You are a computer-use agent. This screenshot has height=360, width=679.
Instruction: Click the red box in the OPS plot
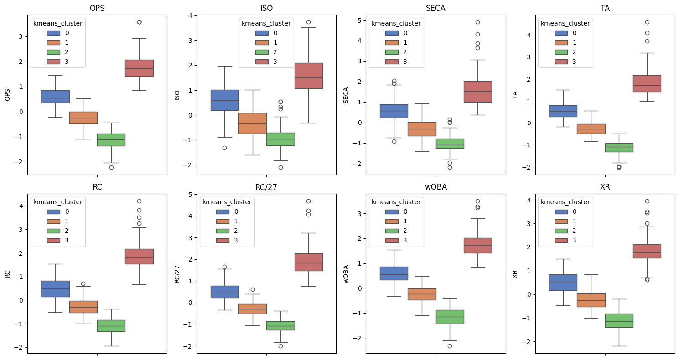tap(139, 68)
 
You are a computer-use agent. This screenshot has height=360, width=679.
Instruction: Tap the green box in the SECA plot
tap(450, 143)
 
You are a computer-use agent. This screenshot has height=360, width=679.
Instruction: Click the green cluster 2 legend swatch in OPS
tap(56, 52)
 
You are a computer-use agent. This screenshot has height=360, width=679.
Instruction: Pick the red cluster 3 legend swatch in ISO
tap(264, 62)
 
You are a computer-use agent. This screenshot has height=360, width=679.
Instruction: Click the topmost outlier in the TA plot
tap(647, 22)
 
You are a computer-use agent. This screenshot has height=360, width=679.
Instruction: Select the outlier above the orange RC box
tap(83, 283)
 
